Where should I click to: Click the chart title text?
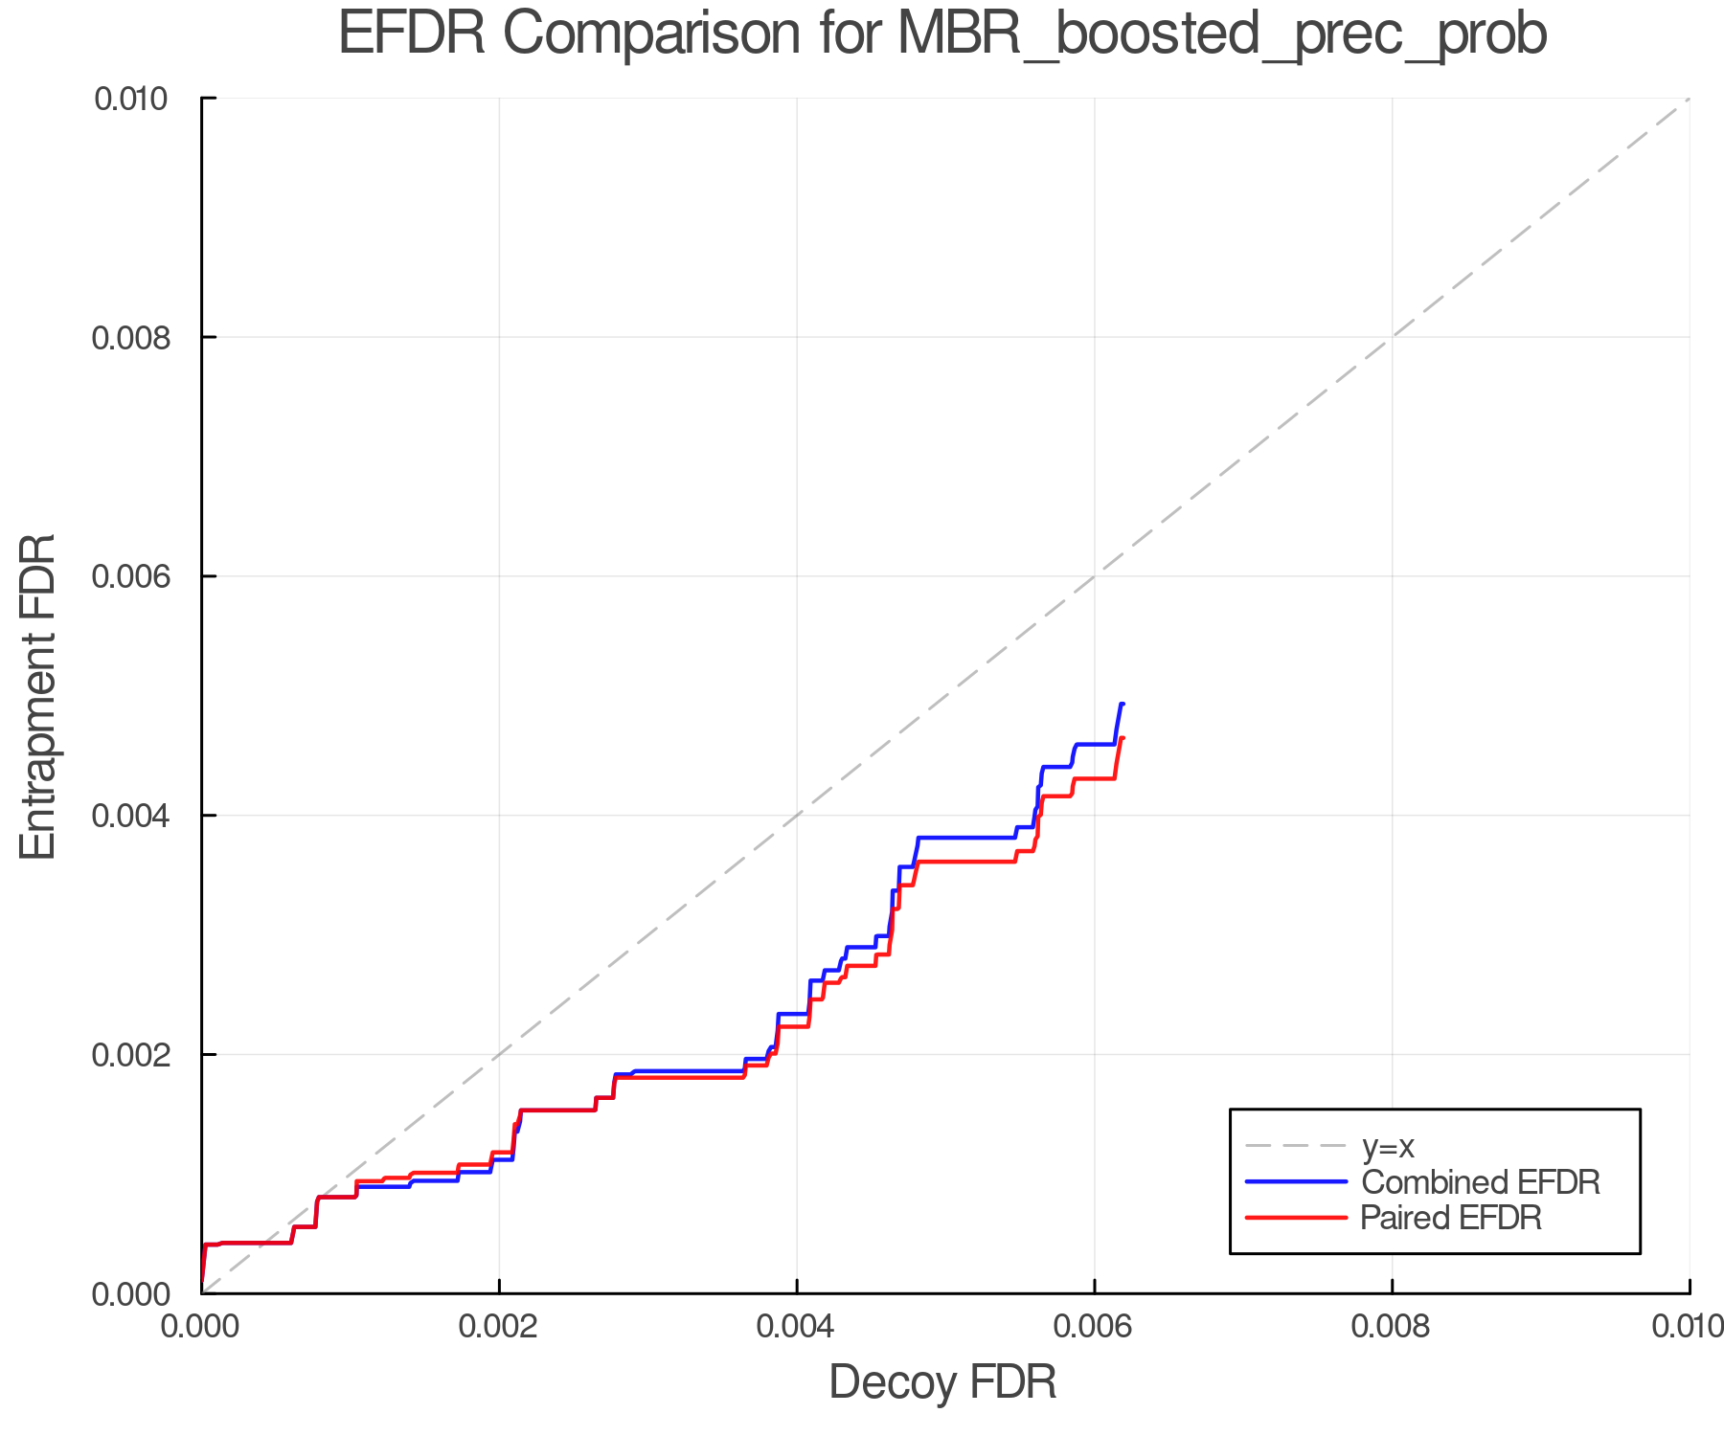coord(942,34)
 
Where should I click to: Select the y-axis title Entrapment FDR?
coord(38,696)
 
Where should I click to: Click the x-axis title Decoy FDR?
coord(942,1381)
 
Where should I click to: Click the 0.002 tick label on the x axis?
coord(499,1326)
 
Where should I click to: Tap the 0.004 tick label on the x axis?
coord(797,1326)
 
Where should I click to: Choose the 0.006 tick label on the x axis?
coord(1095,1326)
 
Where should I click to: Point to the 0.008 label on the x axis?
coord(1392,1326)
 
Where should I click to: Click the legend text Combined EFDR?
coord(1480,1182)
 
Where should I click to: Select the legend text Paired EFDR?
coord(1450,1218)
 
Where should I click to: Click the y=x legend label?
coord(1388,1146)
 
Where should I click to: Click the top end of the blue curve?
coord(1123,704)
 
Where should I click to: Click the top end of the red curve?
coord(1123,737)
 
